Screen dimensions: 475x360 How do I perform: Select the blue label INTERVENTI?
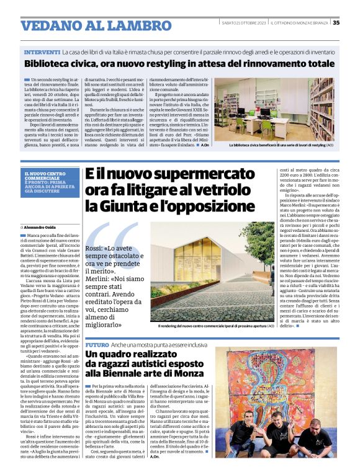click(x=42, y=51)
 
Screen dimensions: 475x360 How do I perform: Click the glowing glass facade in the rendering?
click(x=186, y=294)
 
